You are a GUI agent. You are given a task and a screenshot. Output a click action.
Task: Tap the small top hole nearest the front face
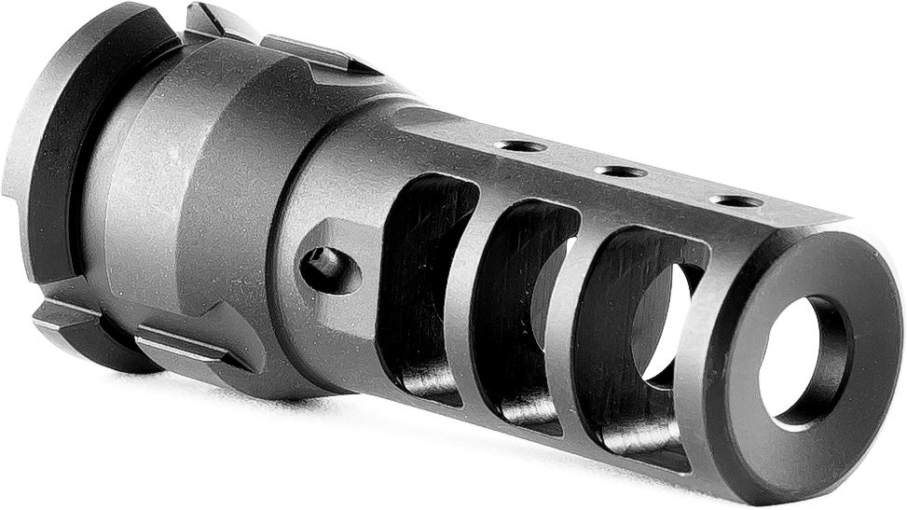click(x=735, y=200)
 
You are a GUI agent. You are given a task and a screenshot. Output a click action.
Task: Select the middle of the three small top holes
click(x=620, y=172)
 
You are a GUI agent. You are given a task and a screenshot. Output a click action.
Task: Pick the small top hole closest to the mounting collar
click(x=520, y=145)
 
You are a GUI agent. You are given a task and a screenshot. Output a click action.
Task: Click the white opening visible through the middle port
click(x=550, y=280)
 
